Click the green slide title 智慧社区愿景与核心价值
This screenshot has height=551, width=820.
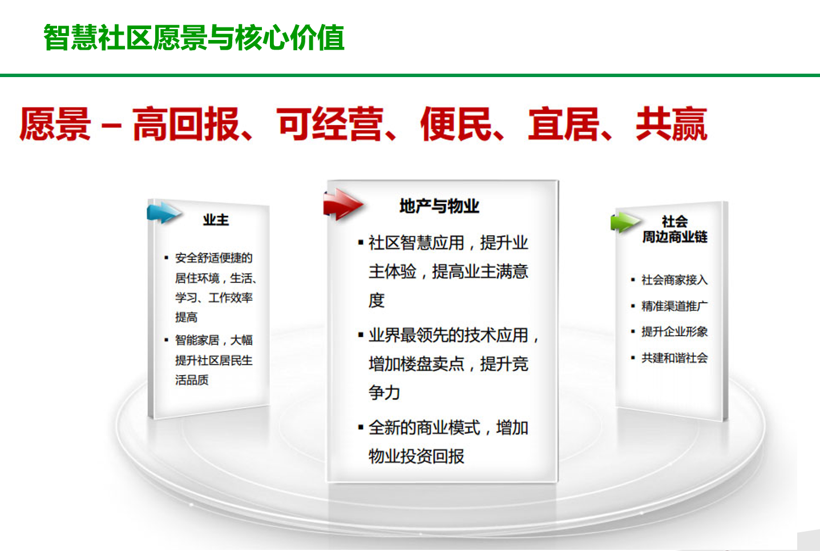pos(194,37)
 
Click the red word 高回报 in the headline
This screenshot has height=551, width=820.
pos(185,124)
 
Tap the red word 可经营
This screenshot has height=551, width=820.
pos(330,124)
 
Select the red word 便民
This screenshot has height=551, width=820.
pos(456,124)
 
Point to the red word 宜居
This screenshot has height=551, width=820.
pos(564,124)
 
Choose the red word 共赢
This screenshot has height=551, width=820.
pos(672,124)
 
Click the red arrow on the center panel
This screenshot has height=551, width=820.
pos(343,204)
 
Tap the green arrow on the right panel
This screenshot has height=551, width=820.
pos(625,222)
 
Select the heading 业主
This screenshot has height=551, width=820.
pos(216,220)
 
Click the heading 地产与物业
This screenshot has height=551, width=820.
pos(439,206)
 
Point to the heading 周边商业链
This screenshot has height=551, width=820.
pos(674,236)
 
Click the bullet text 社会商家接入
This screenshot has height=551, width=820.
pos(674,280)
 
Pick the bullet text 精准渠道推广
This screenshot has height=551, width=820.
pos(674,306)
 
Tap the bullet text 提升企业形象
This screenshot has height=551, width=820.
pos(674,332)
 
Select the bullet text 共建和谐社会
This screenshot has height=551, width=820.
pos(674,357)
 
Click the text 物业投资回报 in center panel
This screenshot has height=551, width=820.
pos(416,456)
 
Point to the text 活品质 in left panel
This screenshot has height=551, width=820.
pos(192,380)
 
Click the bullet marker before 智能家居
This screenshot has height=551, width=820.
pos(167,340)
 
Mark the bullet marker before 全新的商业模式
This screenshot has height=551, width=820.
pos(361,427)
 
